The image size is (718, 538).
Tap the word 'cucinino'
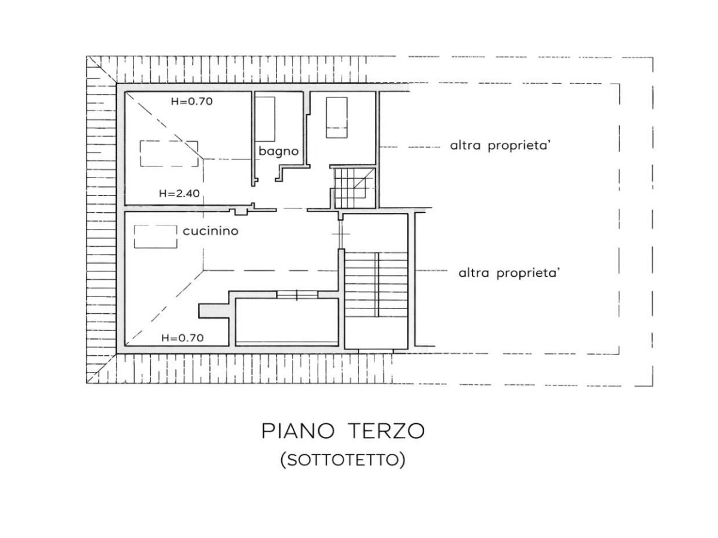211,231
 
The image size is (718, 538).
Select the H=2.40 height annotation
180,193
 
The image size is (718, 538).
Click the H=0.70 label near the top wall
191,101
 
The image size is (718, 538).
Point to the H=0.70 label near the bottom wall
182,338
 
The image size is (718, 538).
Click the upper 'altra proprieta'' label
500,145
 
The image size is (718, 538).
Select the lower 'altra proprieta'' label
509,273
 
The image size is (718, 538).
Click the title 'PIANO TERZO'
343,431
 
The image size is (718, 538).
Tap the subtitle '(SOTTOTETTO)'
343,460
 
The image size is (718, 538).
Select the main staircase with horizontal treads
376,284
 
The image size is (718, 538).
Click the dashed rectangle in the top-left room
169,154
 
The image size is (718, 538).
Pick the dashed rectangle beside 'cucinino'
156,237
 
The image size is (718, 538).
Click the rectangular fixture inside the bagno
265,119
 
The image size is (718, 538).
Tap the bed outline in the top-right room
337,117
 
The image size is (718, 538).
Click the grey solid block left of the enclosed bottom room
214,311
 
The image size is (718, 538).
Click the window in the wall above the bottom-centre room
297,295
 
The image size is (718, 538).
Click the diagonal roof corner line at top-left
101,70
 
